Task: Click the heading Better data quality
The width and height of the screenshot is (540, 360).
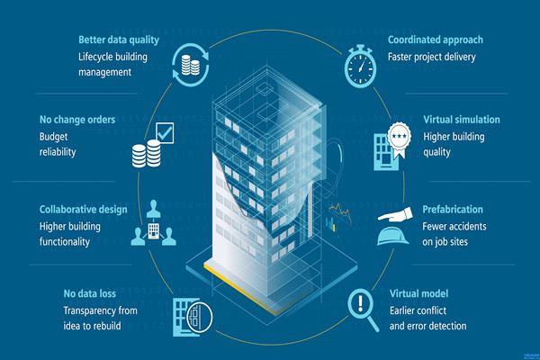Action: pyautogui.click(x=119, y=40)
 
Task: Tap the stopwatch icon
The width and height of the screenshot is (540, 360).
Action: pyautogui.click(x=360, y=66)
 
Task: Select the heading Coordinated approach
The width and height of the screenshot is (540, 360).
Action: pyautogui.click(x=436, y=40)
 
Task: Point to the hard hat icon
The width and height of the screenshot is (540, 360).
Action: pyautogui.click(x=393, y=237)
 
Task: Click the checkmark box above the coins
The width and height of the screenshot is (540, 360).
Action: pyautogui.click(x=165, y=133)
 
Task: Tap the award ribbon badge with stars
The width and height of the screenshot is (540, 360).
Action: pyautogui.click(x=400, y=139)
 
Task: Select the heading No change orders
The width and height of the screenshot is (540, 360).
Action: pyautogui.click(x=77, y=120)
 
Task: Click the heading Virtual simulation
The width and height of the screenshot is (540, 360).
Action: pyautogui.click(x=462, y=120)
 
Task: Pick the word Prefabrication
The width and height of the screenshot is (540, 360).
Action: pyautogui.click(x=453, y=210)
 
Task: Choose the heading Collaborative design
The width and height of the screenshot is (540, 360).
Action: pyautogui.click(x=84, y=210)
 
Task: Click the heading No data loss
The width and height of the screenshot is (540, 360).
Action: pyautogui.click(x=89, y=293)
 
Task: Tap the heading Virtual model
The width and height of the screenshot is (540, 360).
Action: pyautogui.click(x=418, y=293)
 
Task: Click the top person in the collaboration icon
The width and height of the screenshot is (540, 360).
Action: pyautogui.click(x=153, y=209)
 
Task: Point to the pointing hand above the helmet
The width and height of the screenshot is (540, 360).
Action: pyautogui.click(x=395, y=214)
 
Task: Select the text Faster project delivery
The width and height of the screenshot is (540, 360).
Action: pyautogui.click(x=432, y=57)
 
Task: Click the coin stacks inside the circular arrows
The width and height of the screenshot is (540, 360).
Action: pyautogui.click(x=191, y=65)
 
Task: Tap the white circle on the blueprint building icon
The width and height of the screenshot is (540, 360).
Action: pyautogui.click(x=199, y=317)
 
